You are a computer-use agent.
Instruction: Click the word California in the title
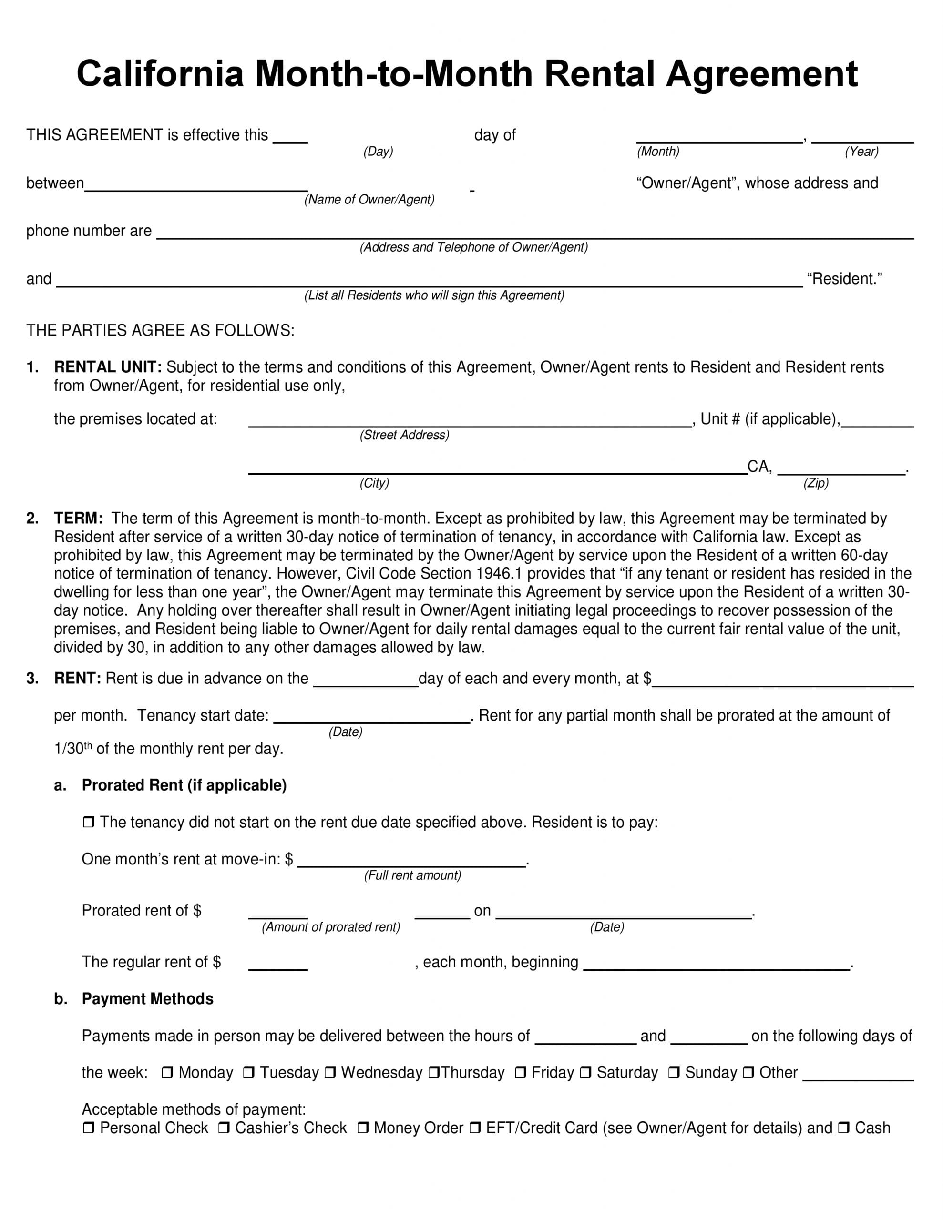coord(161,74)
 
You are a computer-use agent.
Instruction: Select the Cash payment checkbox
coord(843,1128)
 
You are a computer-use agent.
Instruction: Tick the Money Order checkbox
coord(362,1128)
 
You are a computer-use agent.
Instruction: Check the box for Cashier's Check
coord(224,1128)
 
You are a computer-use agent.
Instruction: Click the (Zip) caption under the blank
coord(816,483)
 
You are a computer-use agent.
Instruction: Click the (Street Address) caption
coord(404,435)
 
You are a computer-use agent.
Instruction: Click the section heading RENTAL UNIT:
coord(108,367)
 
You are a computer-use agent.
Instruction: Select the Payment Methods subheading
coord(148,999)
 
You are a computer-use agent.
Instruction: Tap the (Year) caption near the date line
coord(861,152)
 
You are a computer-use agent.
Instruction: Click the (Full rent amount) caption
coord(412,875)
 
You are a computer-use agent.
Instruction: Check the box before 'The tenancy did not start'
coord(88,822)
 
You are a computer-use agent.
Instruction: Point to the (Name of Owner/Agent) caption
coord(369,199)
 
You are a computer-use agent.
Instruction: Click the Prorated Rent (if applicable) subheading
coord(184,785)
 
